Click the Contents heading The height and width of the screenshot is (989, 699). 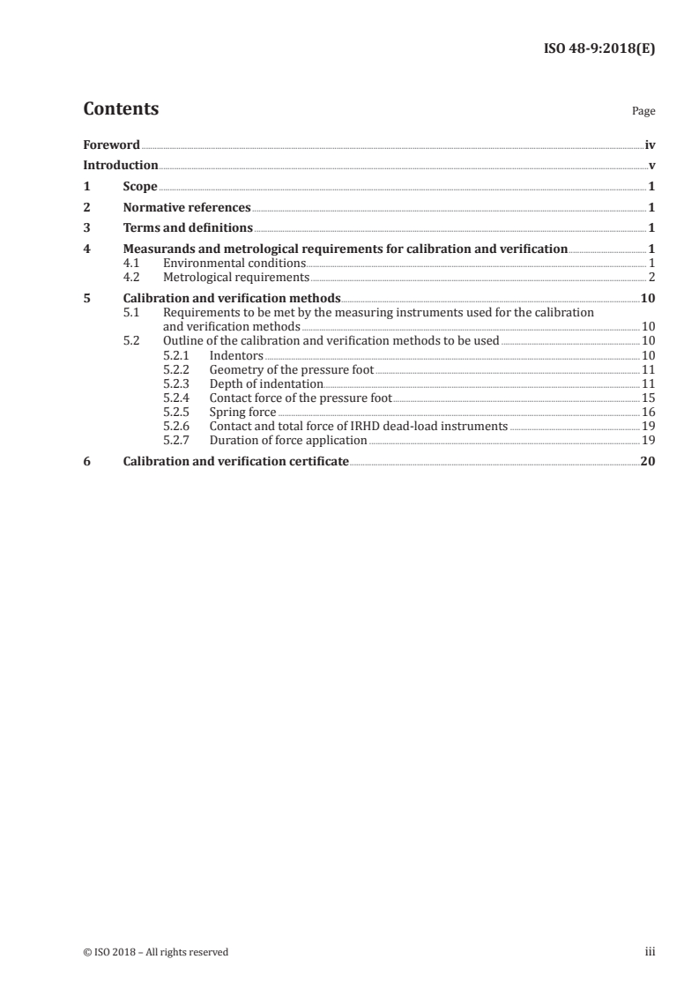click(121, 109)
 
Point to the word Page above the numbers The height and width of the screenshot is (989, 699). click(643, 112)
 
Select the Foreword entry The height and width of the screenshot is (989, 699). click(111, 144)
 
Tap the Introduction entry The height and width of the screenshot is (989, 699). click(121, 165)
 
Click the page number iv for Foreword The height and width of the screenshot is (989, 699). click(649, 144)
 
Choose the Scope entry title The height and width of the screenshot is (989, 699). click(140, 187)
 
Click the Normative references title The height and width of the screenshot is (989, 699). click(187, 208)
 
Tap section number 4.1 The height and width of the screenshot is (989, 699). click(132, 263)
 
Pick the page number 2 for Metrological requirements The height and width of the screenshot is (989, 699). click(651, 277)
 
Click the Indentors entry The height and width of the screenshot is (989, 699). click(236, 355)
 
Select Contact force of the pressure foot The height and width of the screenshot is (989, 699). click(301, 398)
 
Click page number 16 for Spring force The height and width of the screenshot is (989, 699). click(648, 412)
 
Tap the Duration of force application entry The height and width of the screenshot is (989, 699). click(281, 440)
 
